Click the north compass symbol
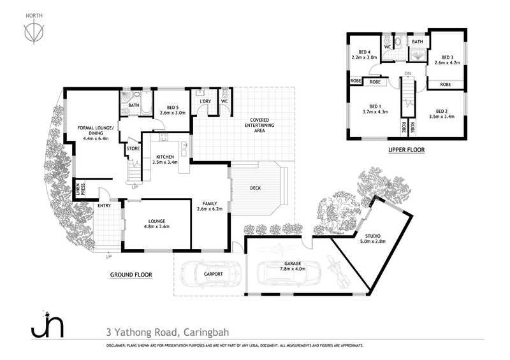(x=34, y=32)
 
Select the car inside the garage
(x=289, y=273)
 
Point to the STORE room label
(x=133, y=148)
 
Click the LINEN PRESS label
(x=80, y=190)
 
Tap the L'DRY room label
(x=205, y=101)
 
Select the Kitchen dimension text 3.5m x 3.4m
(x=165, y=162)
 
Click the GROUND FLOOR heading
(x=131, y=275)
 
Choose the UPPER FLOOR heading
(x=407, y=150)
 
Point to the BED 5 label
(x=173, y=107)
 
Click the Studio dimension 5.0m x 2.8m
(x=373, y=241)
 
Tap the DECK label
(x=256, y=188)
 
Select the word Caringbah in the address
(x=206, y=333)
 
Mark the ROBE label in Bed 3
(x=446, y=84)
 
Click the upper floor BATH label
(x=418, y=41)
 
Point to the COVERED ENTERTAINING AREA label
(x=259, y=125)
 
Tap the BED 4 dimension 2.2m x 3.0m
(x=364, y=57)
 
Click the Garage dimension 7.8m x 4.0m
(x=293, y=269)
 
